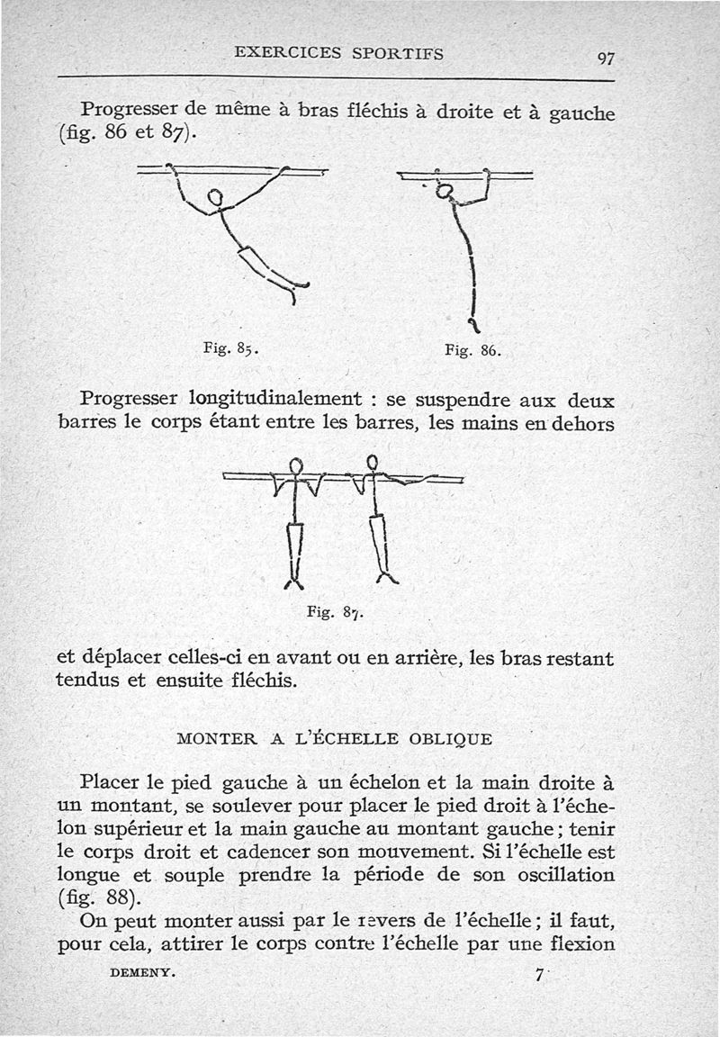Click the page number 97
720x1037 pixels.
(x=605, y=59)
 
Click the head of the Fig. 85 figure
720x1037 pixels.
(x=215, y=198)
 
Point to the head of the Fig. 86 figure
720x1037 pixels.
(x=444, y=191)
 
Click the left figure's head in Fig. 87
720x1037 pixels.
(x=296, y=466)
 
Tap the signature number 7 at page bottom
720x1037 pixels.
(x=539, y=975)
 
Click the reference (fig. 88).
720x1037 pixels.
(x=97, y=898)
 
